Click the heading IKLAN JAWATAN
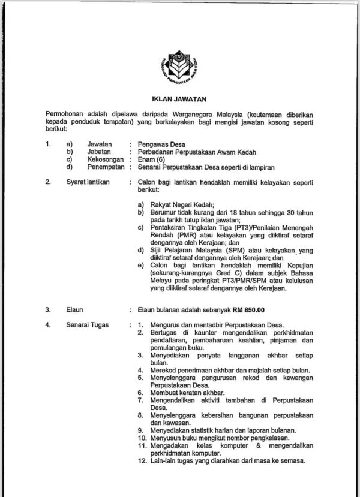[x=180, y=100]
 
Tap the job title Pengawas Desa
[x=161, y=144]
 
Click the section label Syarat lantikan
[x=88, y=182]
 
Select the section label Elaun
[x=74, y=310]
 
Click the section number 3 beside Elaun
[x=47, y=310]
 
